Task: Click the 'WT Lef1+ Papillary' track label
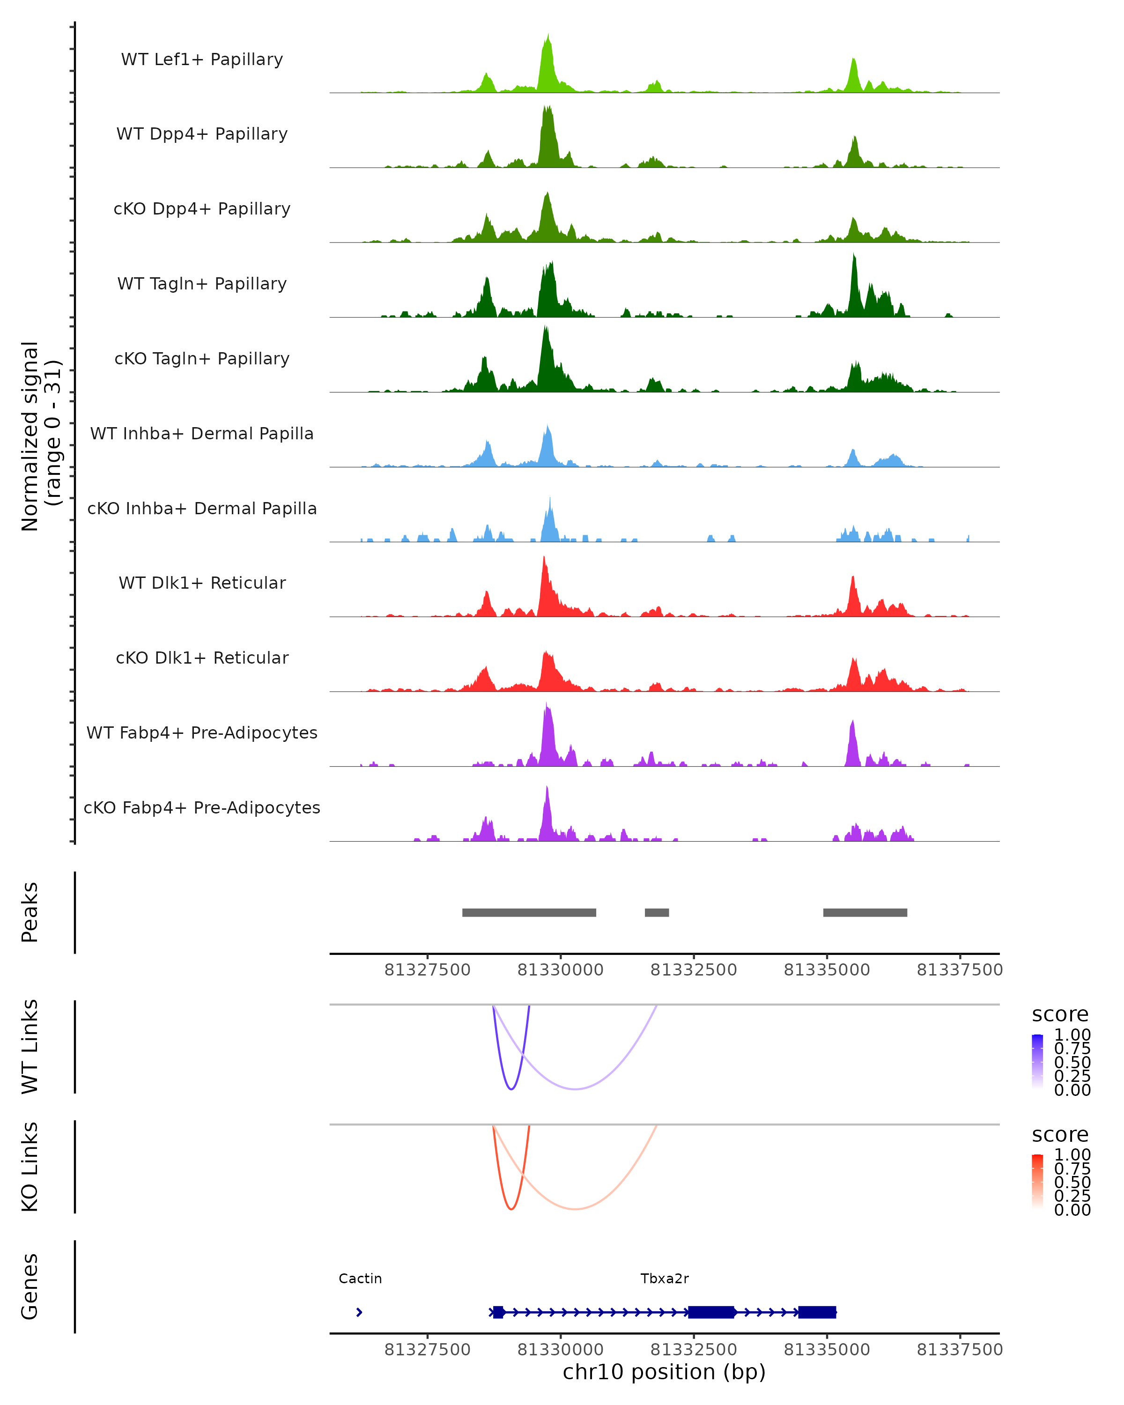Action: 202,59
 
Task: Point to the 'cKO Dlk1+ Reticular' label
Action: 202,658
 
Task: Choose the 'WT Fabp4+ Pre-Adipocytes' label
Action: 202,732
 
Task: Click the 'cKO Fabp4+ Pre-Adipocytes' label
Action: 202,807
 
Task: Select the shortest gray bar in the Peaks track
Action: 657,912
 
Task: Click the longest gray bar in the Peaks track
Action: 529,912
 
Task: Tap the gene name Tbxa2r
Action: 665,1279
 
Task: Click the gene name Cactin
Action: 360,1279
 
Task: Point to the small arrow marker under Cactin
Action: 359,1312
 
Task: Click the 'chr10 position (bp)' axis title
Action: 664,1372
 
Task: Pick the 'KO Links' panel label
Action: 30,1167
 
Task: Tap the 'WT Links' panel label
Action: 30,1047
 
